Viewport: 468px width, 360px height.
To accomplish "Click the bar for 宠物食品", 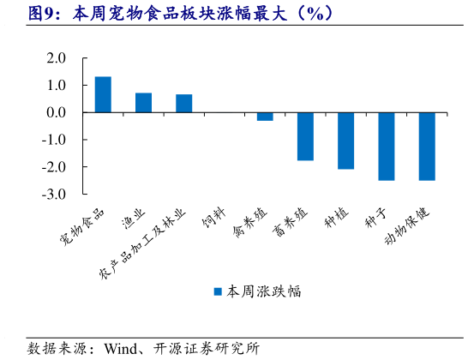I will [x=103, y=94].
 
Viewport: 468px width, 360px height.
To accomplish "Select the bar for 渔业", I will [x=143, y=103].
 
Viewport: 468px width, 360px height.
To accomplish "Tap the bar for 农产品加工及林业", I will [x=184, y=104].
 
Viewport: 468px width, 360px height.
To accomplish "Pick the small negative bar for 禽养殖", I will [x=265, y=117].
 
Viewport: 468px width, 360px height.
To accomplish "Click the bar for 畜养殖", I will [x=305, y=136].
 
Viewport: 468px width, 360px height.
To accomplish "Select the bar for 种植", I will [x=345, y=141].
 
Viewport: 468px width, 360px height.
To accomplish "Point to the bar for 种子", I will [x=386, y=147].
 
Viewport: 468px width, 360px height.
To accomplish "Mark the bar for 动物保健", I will [x=427, y=147].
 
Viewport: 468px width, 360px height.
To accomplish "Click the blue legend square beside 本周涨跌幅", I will [x=218, y=291].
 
